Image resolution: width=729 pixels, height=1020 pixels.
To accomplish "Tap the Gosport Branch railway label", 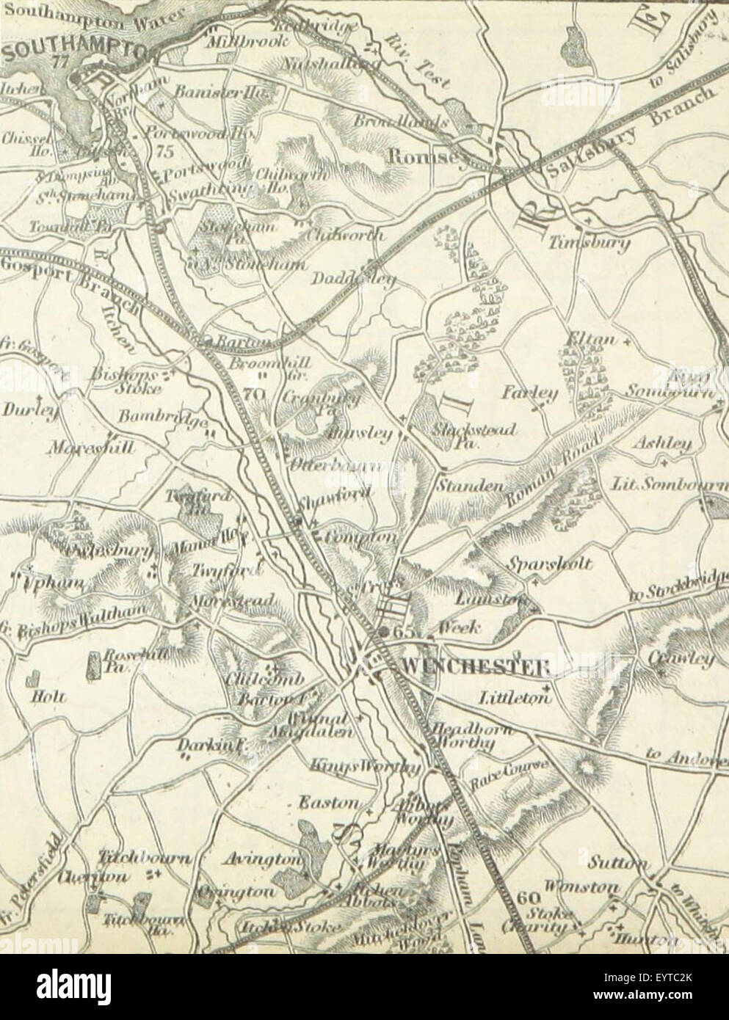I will click(66, 283).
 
